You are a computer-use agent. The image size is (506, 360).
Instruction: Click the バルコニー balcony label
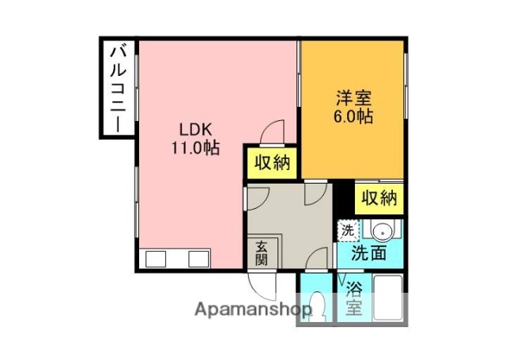pyautogui.click(x=117, y=88)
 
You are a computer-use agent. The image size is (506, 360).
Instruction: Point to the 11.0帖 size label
pyautogui.click(x=193, y=147)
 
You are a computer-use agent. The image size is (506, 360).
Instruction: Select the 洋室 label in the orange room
pyautogui.click(x=353, y=99)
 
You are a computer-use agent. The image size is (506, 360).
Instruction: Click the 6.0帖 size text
pyautogui.click(x=353, y=116)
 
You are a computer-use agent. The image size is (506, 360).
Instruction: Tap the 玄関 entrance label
pyautogui.click(x=262, y=253)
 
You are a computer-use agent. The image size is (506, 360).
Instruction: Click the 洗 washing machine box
pyautogui.click(x=348, y=231)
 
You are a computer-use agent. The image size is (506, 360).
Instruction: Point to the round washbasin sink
pyautogui.click(x=380, y=232)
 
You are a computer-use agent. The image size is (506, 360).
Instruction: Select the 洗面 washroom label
pyautogui.click(x=368, y=254)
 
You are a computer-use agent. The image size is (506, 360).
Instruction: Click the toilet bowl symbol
pyautogui.click(x=319, y=304)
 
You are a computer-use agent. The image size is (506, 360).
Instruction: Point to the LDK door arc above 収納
pyautogui.click(x=274, y=131)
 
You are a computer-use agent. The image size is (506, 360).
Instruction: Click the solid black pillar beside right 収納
pyautogui.click(x=342, y=197)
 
